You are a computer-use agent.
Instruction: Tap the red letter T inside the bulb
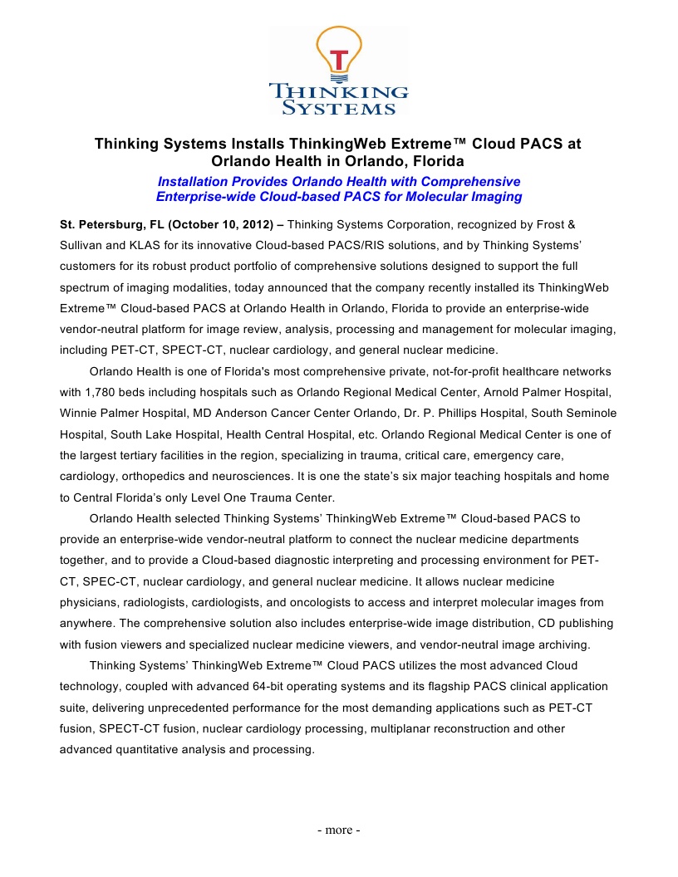coord(338,60)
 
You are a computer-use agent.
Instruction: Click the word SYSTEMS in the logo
coord(339,107)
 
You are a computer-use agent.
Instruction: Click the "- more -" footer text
coord(339,830)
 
